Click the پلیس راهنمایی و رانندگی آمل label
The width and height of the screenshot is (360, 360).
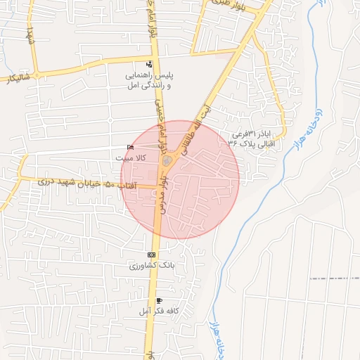pyautogui.click(x=148, y=79)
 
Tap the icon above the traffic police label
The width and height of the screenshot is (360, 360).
pyautogui.click(x=148, y=63)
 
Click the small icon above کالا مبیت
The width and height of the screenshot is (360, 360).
pyautogui.click(x=129, y=147)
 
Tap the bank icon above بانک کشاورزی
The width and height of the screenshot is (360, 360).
pyautogui.click(x=151, y=255)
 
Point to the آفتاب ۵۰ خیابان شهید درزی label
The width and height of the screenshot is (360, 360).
pyautogui.click(x=75, y=184)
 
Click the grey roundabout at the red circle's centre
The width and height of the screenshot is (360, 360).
pyautogui.click(x=166, y=163)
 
